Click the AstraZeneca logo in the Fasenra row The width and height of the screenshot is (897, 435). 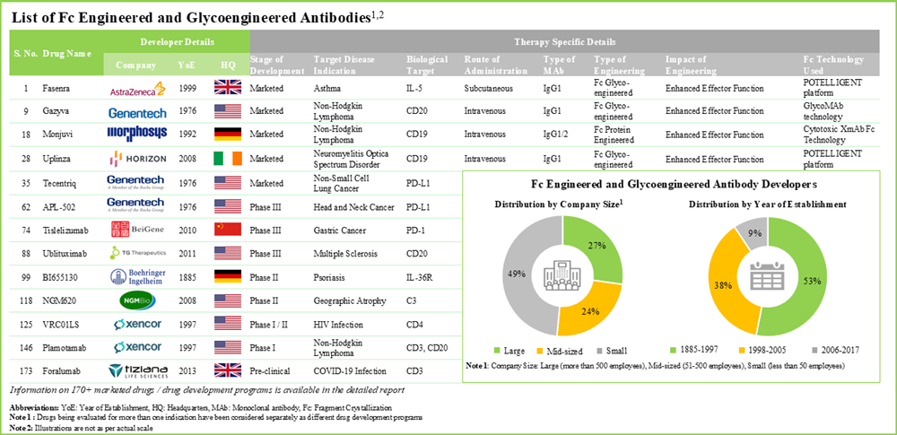point(136,89)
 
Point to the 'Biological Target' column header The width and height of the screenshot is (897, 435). point(427,65)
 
